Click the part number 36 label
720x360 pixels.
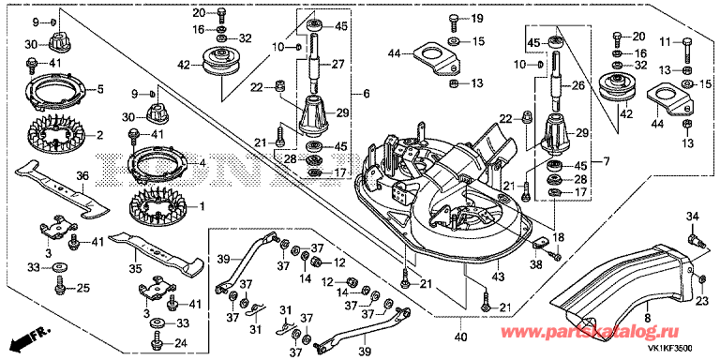click(x=82, y=176)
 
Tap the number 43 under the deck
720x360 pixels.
click(x=498, y=277)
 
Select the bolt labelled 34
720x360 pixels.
click(x=695, y=241)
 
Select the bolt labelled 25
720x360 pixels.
click(x=60, y=286)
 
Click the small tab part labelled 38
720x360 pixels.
click(x=540, y=243)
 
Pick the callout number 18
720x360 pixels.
click(x=559, y=237)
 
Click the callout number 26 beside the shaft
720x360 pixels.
click(x=577, y=85)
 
